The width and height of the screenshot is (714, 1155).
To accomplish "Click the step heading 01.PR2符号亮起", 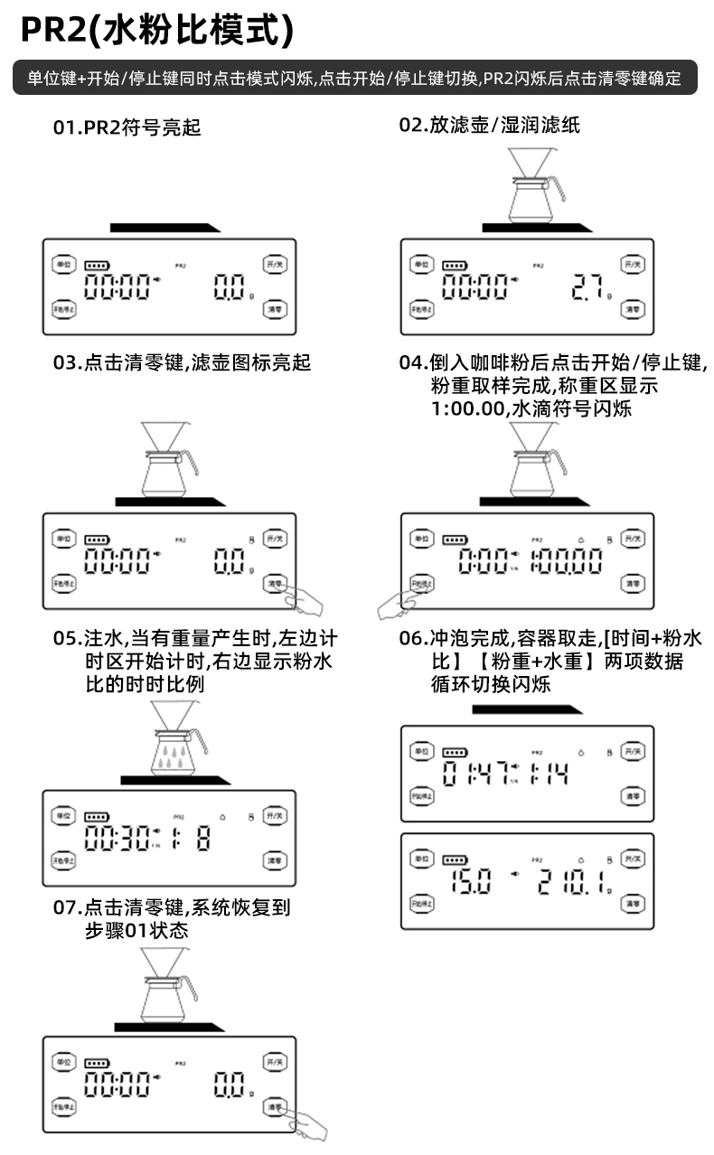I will pos(127,127).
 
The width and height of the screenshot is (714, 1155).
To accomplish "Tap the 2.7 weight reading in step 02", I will pos(587,288).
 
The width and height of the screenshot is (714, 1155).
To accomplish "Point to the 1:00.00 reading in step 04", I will pos(566,562).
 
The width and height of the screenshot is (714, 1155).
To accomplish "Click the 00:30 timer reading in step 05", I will pos(117,838).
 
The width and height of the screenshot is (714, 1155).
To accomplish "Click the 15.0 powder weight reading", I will pos(471,881).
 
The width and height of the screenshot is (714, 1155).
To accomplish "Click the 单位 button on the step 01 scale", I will pos(62,264).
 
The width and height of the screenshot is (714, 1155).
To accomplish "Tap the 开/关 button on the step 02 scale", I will pos(633,264).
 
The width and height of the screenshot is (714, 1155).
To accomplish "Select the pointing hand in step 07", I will pos(307,1122).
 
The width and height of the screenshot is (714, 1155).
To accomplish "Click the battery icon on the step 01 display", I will pos(95,266).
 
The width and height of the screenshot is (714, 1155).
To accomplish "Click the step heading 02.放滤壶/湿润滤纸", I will pos(490,126).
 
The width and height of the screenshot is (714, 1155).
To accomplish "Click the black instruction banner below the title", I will pos(355,78).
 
